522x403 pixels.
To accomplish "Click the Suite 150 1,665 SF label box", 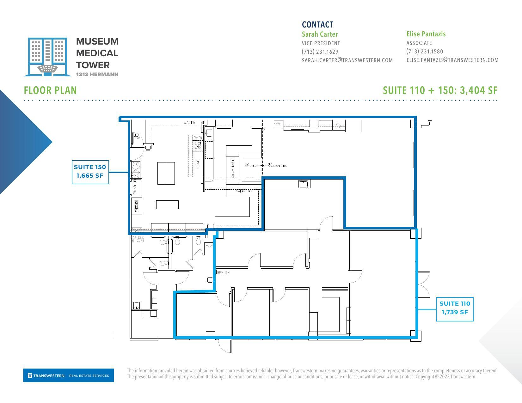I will click(90, 172).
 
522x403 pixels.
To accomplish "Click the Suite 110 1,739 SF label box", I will click(455, 308).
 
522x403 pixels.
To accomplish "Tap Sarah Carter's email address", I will click(347, 60).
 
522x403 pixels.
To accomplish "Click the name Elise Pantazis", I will click(426, 34).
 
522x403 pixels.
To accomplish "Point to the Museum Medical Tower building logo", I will click(47, 57).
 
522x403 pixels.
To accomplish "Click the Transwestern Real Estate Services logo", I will click(68, 376).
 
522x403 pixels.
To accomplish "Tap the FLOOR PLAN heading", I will click(50, 90).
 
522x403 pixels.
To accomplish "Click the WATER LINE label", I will click(194, 123).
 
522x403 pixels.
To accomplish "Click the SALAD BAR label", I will click(244, 191).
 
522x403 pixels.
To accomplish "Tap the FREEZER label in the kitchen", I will click(137, 206).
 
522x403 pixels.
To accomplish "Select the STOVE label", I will click(198, 164).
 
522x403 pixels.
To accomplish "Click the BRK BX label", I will click(223, 272).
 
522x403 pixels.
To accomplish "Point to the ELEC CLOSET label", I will click(137, 137).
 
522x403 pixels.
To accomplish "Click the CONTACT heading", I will click(317, 25).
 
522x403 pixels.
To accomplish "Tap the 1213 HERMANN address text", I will click(97, 74).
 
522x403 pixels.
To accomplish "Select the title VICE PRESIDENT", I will click(321, 43).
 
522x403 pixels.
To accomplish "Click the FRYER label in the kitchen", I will click(198, 138).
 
